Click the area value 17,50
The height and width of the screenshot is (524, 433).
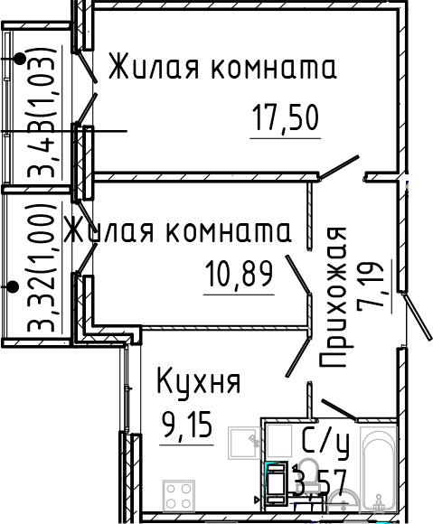coord(286,121)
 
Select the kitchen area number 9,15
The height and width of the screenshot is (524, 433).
coord(187,423)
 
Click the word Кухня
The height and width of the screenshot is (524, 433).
coord(198,382)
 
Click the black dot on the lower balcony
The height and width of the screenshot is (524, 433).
coord(13,287)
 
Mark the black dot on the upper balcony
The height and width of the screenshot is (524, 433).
coord(20,60)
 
